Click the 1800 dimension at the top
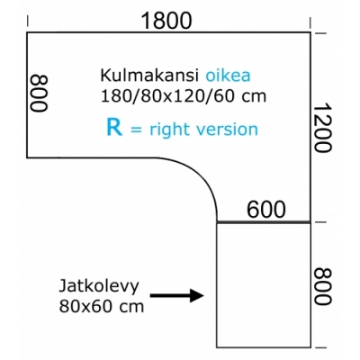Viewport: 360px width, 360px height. [x=166, y=21]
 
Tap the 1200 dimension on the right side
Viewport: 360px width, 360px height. [x=323, y=128]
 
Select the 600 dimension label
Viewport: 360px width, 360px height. [x=266, y=209]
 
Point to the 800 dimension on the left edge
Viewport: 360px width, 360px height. [x=40, y=94]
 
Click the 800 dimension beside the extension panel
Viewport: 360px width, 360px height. [x=323, y=286]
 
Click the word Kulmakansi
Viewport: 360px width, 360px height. [x=149, y=76]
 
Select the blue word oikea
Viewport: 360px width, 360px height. [x=228, y=76]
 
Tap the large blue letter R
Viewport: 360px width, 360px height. [x=114, y=127]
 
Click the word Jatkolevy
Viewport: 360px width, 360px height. [x=99, y=286]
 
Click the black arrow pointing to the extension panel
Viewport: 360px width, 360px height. [x=177, y=296]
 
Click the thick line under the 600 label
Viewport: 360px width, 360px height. [x=264, y=222]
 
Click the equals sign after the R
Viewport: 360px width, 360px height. [x=137, y=130]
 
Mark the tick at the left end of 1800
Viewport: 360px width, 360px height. [x=28, y=22]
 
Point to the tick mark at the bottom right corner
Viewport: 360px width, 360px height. [x=320, y=348]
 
